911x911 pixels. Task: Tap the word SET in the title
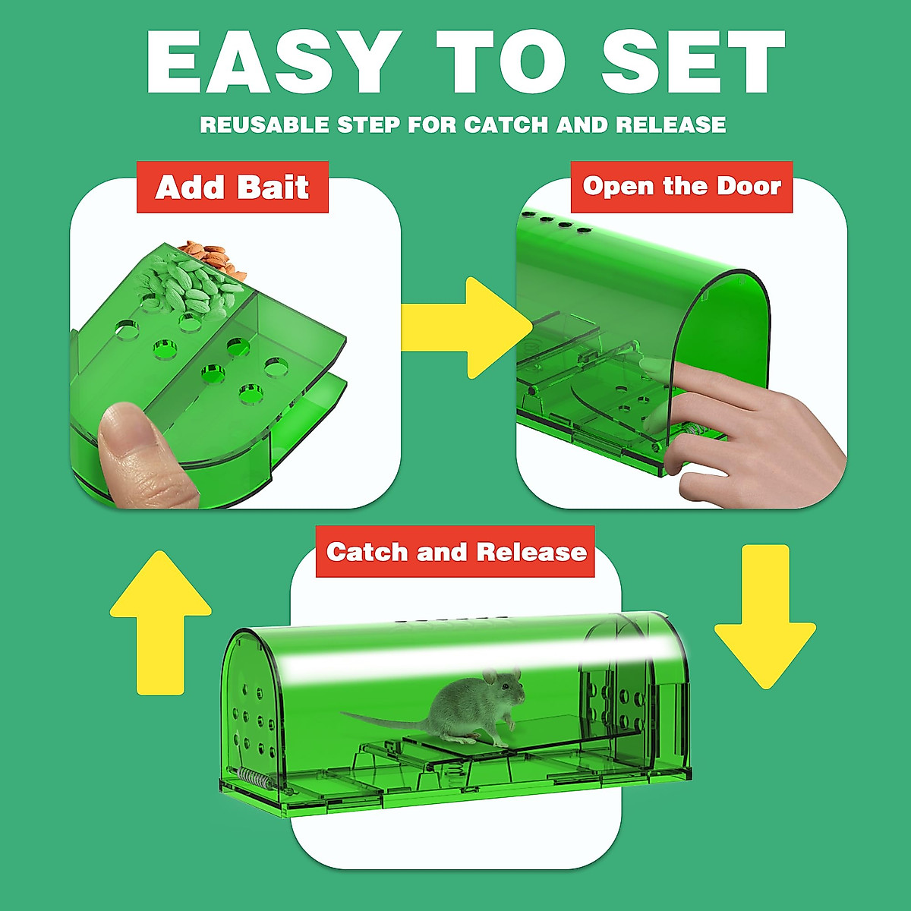coord(692,63)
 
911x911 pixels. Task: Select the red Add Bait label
coord(232,187)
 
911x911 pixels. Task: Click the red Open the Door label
coord(682,187)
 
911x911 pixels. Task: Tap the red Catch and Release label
coord(455,552)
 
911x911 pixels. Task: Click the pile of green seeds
coord(190,285)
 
